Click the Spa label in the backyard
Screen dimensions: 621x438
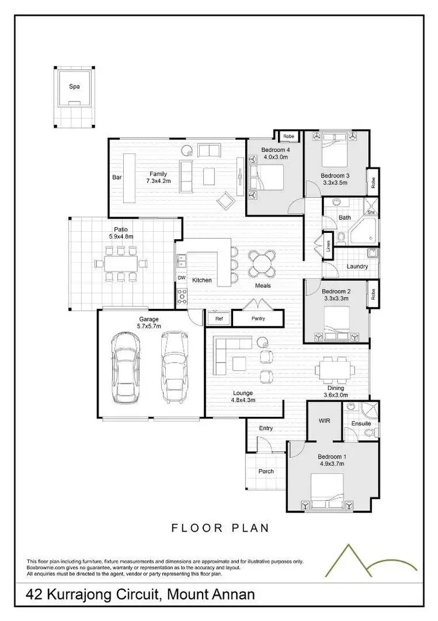[x=74, y=86]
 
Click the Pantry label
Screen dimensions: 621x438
[x=258, y=318]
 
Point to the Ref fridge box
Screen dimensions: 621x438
[x=219, y=319]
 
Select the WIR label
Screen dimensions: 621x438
[x=325, y=420]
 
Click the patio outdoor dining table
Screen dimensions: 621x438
[x=121, y=263]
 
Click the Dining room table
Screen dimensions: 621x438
[x=334, y=369]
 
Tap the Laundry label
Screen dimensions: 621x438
[x=357, y=267]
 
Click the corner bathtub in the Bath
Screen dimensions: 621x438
[x=363, y=232]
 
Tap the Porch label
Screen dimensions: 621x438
[x=266, y=472]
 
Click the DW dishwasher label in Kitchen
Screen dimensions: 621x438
[x=181, y=278]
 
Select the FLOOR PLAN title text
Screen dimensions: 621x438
[x=220, y=528]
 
